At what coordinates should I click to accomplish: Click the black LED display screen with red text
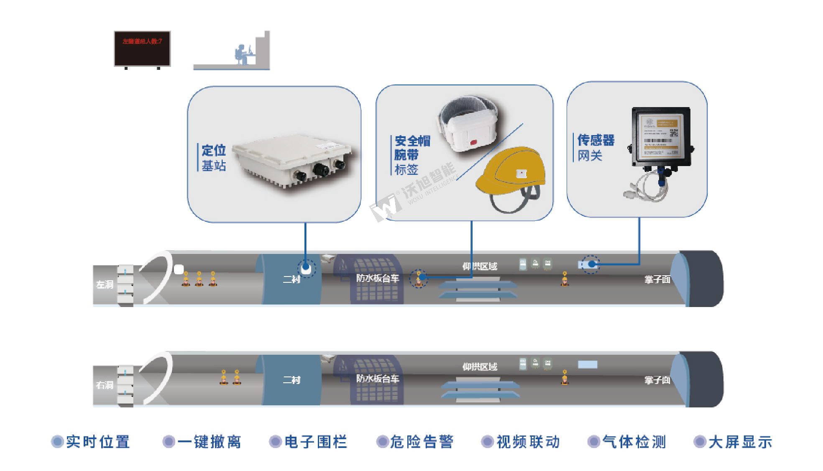point(142,48)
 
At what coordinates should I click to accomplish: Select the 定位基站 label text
point(214,158)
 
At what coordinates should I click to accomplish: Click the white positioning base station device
point(293,161)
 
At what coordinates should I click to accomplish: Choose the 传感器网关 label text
point(596,147)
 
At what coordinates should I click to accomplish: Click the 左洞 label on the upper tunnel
point(105,284)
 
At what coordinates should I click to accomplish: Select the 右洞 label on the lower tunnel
point(105,385)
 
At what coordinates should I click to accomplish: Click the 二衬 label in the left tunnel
point(291,279)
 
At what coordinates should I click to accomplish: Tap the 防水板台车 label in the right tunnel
point(378,379)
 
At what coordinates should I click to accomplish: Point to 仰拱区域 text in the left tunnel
point(480,266)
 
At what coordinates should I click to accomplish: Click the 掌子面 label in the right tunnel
point(657,380)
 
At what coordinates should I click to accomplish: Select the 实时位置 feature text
point(98,442)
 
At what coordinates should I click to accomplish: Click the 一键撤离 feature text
point(209,442)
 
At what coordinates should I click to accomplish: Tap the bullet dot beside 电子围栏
point(275,442)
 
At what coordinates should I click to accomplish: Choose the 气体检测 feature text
point(634,442)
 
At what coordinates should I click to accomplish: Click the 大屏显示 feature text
point(740,442)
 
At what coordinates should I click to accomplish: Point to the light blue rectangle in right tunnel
point(588,364)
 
